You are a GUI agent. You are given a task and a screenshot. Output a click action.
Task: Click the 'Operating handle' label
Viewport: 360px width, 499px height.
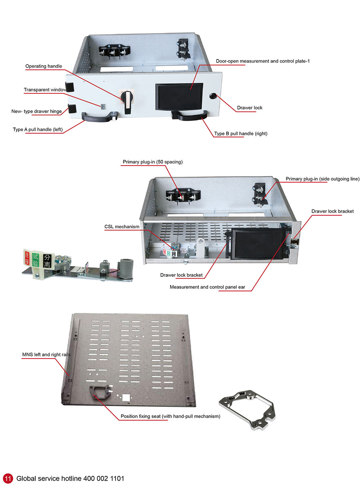44,66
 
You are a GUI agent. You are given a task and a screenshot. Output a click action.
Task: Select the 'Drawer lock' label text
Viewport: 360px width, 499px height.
249,108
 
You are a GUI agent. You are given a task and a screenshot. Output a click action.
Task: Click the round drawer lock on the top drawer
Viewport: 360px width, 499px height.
213,96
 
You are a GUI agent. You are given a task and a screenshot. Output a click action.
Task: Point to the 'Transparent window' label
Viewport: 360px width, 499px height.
45,90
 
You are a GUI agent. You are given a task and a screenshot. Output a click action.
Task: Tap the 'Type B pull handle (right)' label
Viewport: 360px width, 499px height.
240,134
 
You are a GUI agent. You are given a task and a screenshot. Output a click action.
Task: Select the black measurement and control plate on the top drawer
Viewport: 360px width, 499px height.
179,96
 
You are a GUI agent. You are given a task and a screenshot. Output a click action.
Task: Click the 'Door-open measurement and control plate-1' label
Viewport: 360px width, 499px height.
262,61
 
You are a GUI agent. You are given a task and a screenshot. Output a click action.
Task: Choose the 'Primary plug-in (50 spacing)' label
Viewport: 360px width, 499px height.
153,162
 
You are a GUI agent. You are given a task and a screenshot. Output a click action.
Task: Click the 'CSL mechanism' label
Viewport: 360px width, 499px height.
122,227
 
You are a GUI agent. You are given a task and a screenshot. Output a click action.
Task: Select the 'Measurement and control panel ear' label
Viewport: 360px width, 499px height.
207,287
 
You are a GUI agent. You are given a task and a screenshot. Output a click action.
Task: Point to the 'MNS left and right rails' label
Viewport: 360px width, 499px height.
46,355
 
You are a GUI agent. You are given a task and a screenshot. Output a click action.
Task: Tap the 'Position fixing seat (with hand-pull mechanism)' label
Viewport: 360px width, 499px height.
170,416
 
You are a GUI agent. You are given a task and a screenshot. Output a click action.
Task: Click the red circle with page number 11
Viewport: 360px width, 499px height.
8,478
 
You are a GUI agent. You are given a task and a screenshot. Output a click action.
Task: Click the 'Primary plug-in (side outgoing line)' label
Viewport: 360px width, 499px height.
322,179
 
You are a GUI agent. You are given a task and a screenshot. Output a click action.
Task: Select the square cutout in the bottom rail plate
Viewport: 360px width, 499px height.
126,397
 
